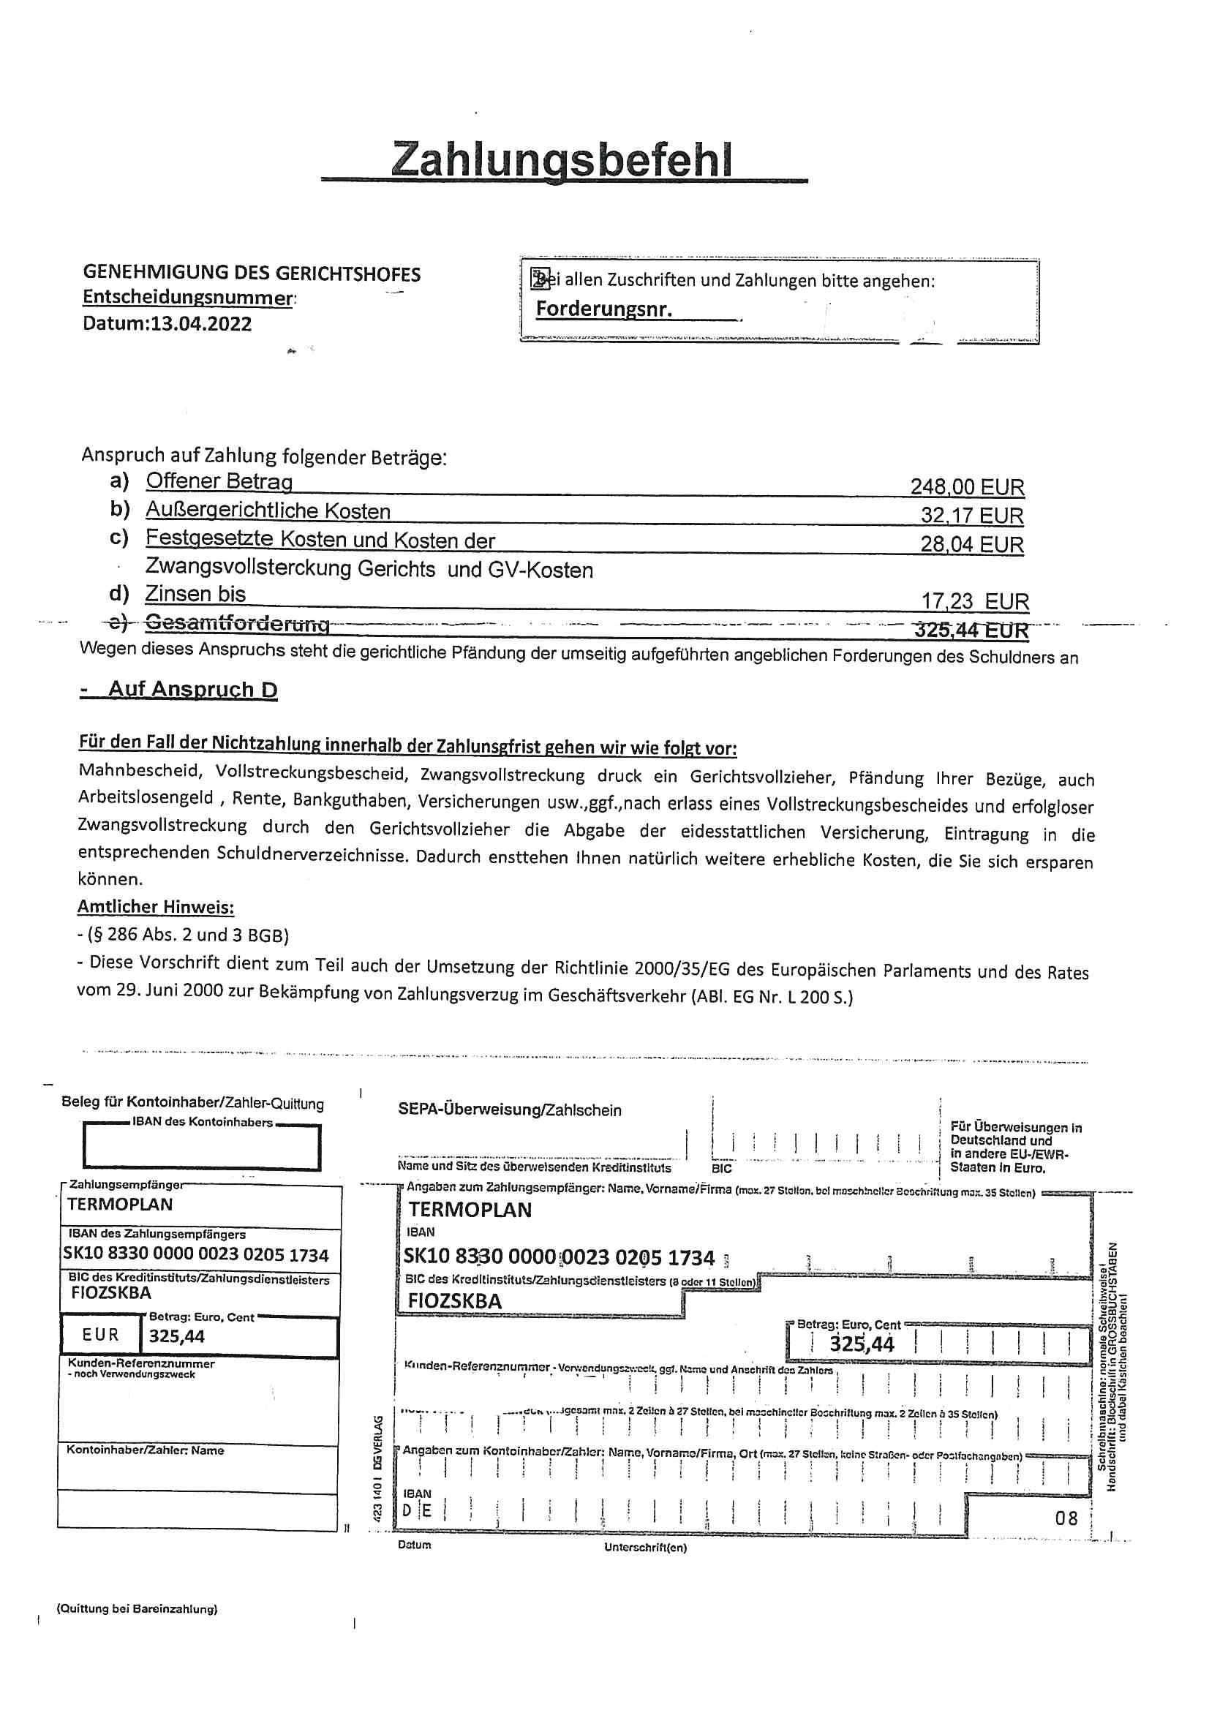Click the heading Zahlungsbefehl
tap(562, 159)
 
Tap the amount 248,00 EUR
tap(967, 486)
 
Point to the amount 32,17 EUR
tap(971, 516)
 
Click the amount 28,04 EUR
tap(971, 543)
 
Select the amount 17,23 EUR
tap(974, 600)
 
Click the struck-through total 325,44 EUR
tap(971, 630)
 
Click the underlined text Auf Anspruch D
tap(192, 689)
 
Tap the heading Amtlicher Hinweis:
tap(156, 907)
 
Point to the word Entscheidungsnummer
tap(188, 297)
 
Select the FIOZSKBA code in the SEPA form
tap(454, 1300)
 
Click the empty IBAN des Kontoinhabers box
tap(201, 1148)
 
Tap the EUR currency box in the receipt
tap(100, 1335)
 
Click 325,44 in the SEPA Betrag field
tap(861, 1343)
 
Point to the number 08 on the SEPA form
tap(1066, 1518)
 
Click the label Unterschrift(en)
tap(645, 1548)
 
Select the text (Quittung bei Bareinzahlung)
tap(137, 1609)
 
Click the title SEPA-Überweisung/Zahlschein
tap(510, 1110)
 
